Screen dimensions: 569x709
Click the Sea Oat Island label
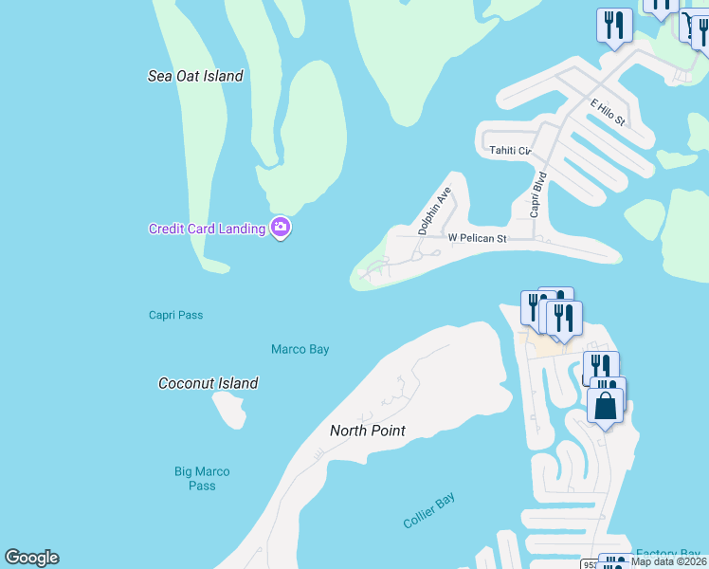click(x=195, y=76)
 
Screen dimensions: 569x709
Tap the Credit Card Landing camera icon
click(x=280, y=228)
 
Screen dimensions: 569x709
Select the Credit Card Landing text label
click(x=207, y=229)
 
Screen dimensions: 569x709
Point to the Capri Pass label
click(x=175, y=315)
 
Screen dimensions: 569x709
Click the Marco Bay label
click(x=300, y=349)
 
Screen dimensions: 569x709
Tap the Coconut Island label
click(x=208, y=383)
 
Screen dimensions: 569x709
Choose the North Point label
click(x=367, y=431)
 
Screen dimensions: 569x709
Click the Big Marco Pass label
click(x=202, y=478)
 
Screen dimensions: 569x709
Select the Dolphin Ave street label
click(x=435, y=211)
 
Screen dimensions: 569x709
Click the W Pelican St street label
click(x=478, y=238)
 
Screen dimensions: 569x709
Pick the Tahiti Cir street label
click(x=510, y=150)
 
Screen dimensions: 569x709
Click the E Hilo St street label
click(x=608, y=112)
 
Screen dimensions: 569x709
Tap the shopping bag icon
click(x=607, y=405)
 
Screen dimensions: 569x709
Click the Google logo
click(x=31, y=558)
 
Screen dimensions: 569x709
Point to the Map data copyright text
click(x=668, y=561)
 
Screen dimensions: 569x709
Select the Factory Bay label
click(x=667, y=553)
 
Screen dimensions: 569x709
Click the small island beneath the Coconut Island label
click(x=229, y=410)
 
